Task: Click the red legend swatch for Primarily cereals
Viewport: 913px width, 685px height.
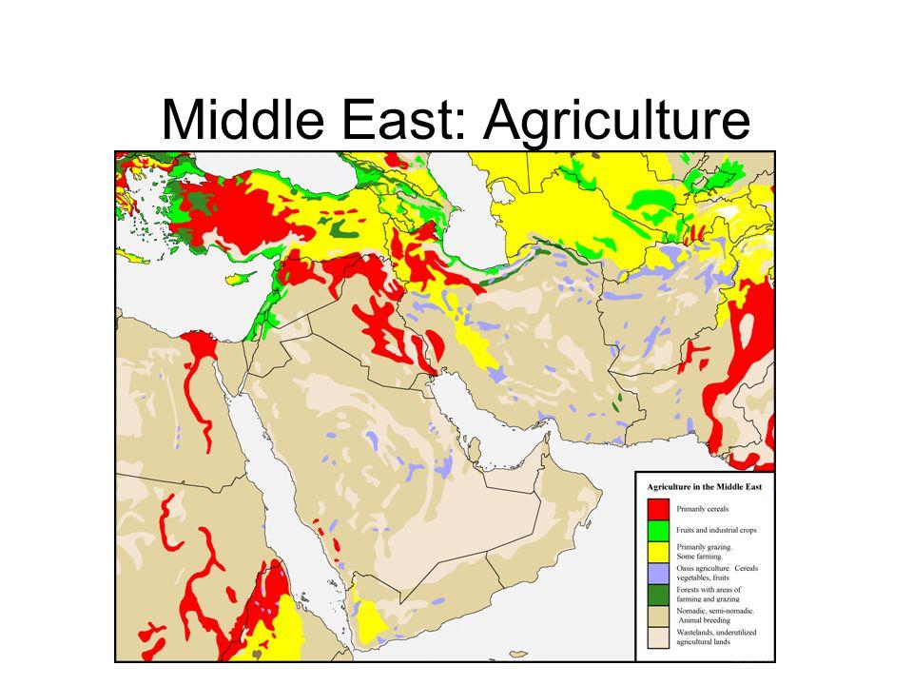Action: pyautogui.click(x=656, y=509)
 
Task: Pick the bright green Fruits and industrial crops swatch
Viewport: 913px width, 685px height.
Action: pyautogui.click(x=656, y=530)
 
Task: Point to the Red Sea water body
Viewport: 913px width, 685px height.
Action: pyautogui.click(x=276, y=476)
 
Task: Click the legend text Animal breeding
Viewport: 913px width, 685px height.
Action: pyautogui.click(x=702, y=622)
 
